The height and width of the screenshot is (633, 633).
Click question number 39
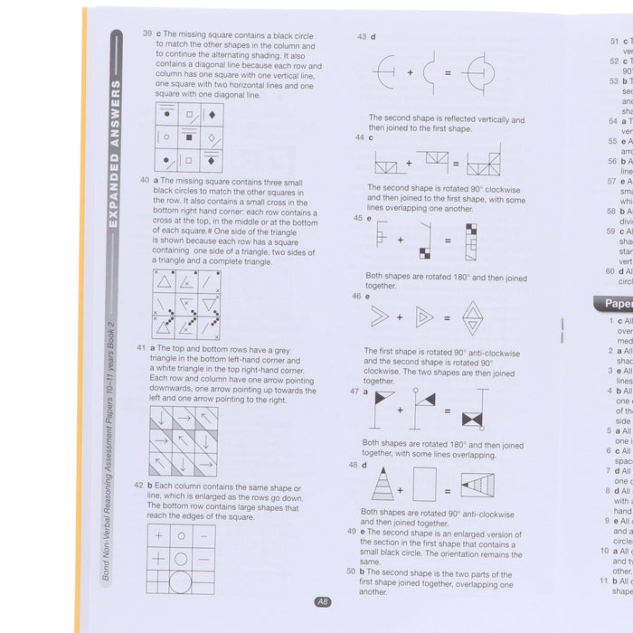146,33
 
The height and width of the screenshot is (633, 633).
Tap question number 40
145,180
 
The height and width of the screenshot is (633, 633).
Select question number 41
141,347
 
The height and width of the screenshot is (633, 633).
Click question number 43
362,37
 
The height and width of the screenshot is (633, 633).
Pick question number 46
356,296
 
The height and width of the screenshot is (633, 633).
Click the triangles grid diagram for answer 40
186,304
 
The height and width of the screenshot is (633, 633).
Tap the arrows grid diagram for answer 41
184,440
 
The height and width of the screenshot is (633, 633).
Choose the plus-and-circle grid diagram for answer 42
181,559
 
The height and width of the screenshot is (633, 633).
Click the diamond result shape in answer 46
472,317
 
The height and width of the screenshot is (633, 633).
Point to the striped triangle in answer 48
383,484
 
